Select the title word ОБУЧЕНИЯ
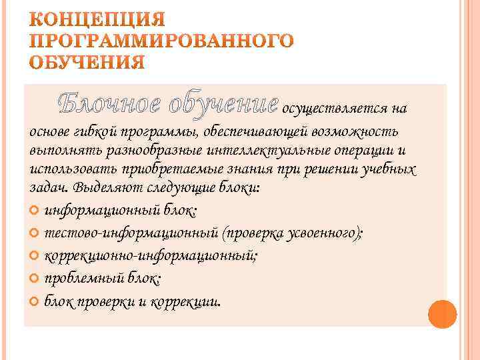(87, 63)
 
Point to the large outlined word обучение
(223, 103)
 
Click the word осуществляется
(337, 109)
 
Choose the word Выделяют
(103, 188)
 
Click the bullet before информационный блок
(35, 212)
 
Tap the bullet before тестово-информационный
(35, 234)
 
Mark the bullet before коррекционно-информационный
(35, 256)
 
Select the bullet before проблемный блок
(35, 278)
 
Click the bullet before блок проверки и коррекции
(35, 300)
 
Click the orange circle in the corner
(442, 313)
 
